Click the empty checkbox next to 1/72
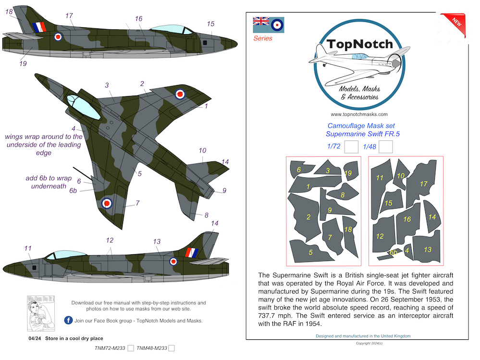click(x=351, y=147)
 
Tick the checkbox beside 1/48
click(x=385, y=147)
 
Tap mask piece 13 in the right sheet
click(x=427, y=248)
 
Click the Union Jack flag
click(x=261, y=21)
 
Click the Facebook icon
click(x=68, y=320)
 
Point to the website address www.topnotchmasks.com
click(x=359, y=114)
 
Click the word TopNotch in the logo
click(x=360, y=44)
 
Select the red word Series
click(x=263, y=38)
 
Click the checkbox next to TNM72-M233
click(x=131, y=348)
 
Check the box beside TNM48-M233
click(x=172, y=348)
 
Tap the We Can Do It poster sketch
click(x=41, y=313)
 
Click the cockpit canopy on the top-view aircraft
click(x=83, y=107)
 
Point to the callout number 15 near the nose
click(x=210, y=24)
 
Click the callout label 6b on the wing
click(x=73, y=191)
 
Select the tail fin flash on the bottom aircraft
click(x=192, y=252)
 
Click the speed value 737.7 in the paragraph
click(x=268, y=316)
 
